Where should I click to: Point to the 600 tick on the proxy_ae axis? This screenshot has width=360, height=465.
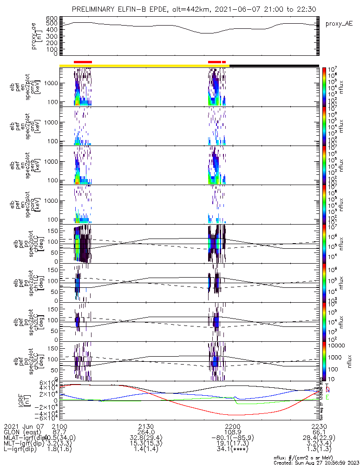[x=52, y=18]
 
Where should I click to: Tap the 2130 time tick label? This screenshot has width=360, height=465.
[x=146, y=426]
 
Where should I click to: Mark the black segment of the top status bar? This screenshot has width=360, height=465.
[x=274, y=66]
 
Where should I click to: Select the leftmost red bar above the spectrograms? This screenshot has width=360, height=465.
[x=83, y=61]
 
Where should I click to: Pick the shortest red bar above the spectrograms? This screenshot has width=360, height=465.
[x=224, y=61]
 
